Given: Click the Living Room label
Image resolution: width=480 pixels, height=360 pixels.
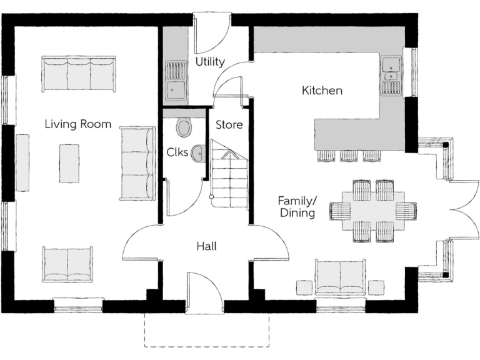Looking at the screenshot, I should pyautogui.click(x=77, y=124).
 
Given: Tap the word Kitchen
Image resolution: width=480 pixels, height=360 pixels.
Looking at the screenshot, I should pyautogui.click(x=322, y=91).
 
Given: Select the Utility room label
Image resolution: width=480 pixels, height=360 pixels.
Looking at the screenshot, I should pyautogui.click(x=210, y=61).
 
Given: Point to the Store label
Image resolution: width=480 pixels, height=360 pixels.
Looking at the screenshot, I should pyautogui.click(x=229, y=124).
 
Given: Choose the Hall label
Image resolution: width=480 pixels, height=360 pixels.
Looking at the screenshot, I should pyautogui.click(x=206, y=246).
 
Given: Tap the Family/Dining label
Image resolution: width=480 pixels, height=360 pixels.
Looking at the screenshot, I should pyautogui.click(x=297, y=207).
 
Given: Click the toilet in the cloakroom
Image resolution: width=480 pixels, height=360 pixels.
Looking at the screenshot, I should pyautogui.click(x=184, y=127).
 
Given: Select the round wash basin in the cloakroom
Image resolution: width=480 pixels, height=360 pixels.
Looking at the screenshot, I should pyautogui.click(x=198, y=152).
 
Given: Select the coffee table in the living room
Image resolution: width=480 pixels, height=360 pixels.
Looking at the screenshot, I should pyautogui.click(x=69, y=163).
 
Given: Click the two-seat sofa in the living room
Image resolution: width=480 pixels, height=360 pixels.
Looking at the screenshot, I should pyautogui.click(x=69, y=264).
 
